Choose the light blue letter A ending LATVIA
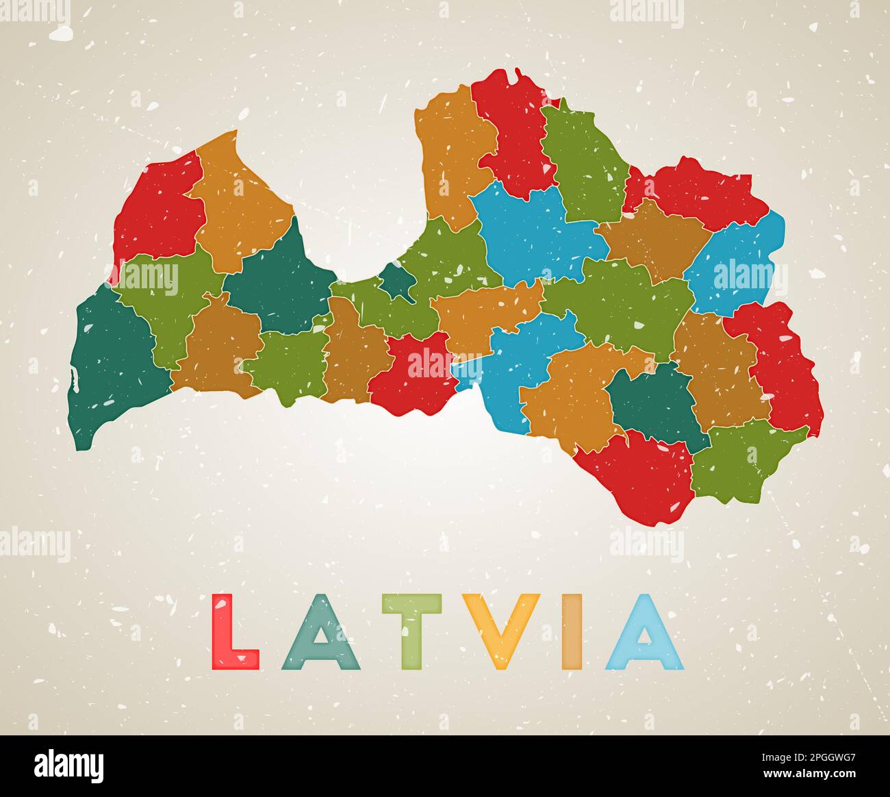click(x=644, y=633)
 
